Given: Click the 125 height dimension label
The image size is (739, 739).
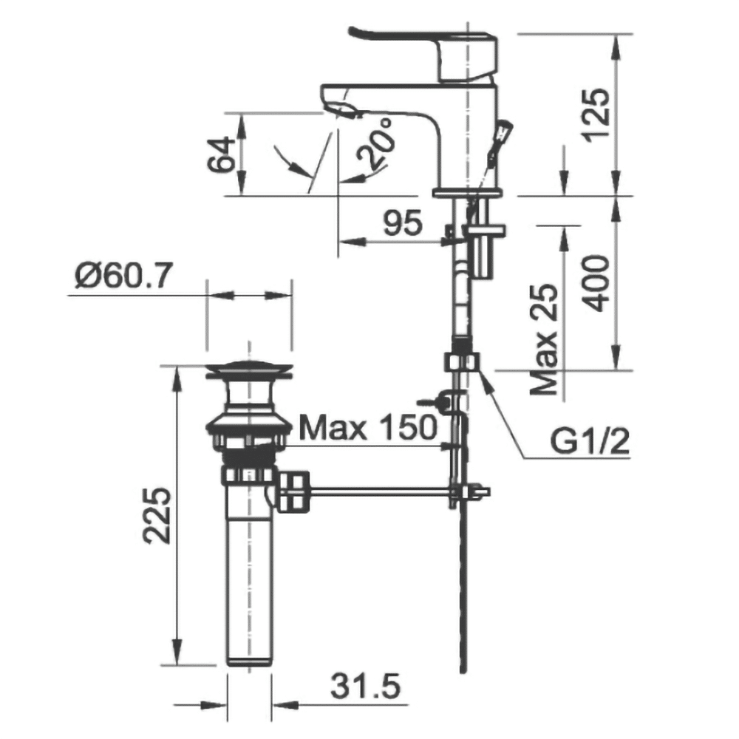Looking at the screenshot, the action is pyautogui.click(x=596, y=115).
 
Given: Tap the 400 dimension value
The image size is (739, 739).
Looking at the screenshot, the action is pyautogui.click(x=596, y=283).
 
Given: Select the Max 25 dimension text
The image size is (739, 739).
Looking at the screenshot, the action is pyautogui.click(x=544, y=339).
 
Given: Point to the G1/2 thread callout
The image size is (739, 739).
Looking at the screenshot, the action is pyautogui.click(x=590, y=442).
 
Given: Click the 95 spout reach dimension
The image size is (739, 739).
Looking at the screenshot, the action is pyautogui.click(x=403, y=223).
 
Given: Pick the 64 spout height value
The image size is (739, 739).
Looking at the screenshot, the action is pyautogui.click(x=221, y=154).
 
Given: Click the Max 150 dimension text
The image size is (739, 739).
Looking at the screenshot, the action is pyautogui.click(x=368, y=427).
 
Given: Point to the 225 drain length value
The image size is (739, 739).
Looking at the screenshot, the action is pyautogui.click(x=157, y=515).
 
